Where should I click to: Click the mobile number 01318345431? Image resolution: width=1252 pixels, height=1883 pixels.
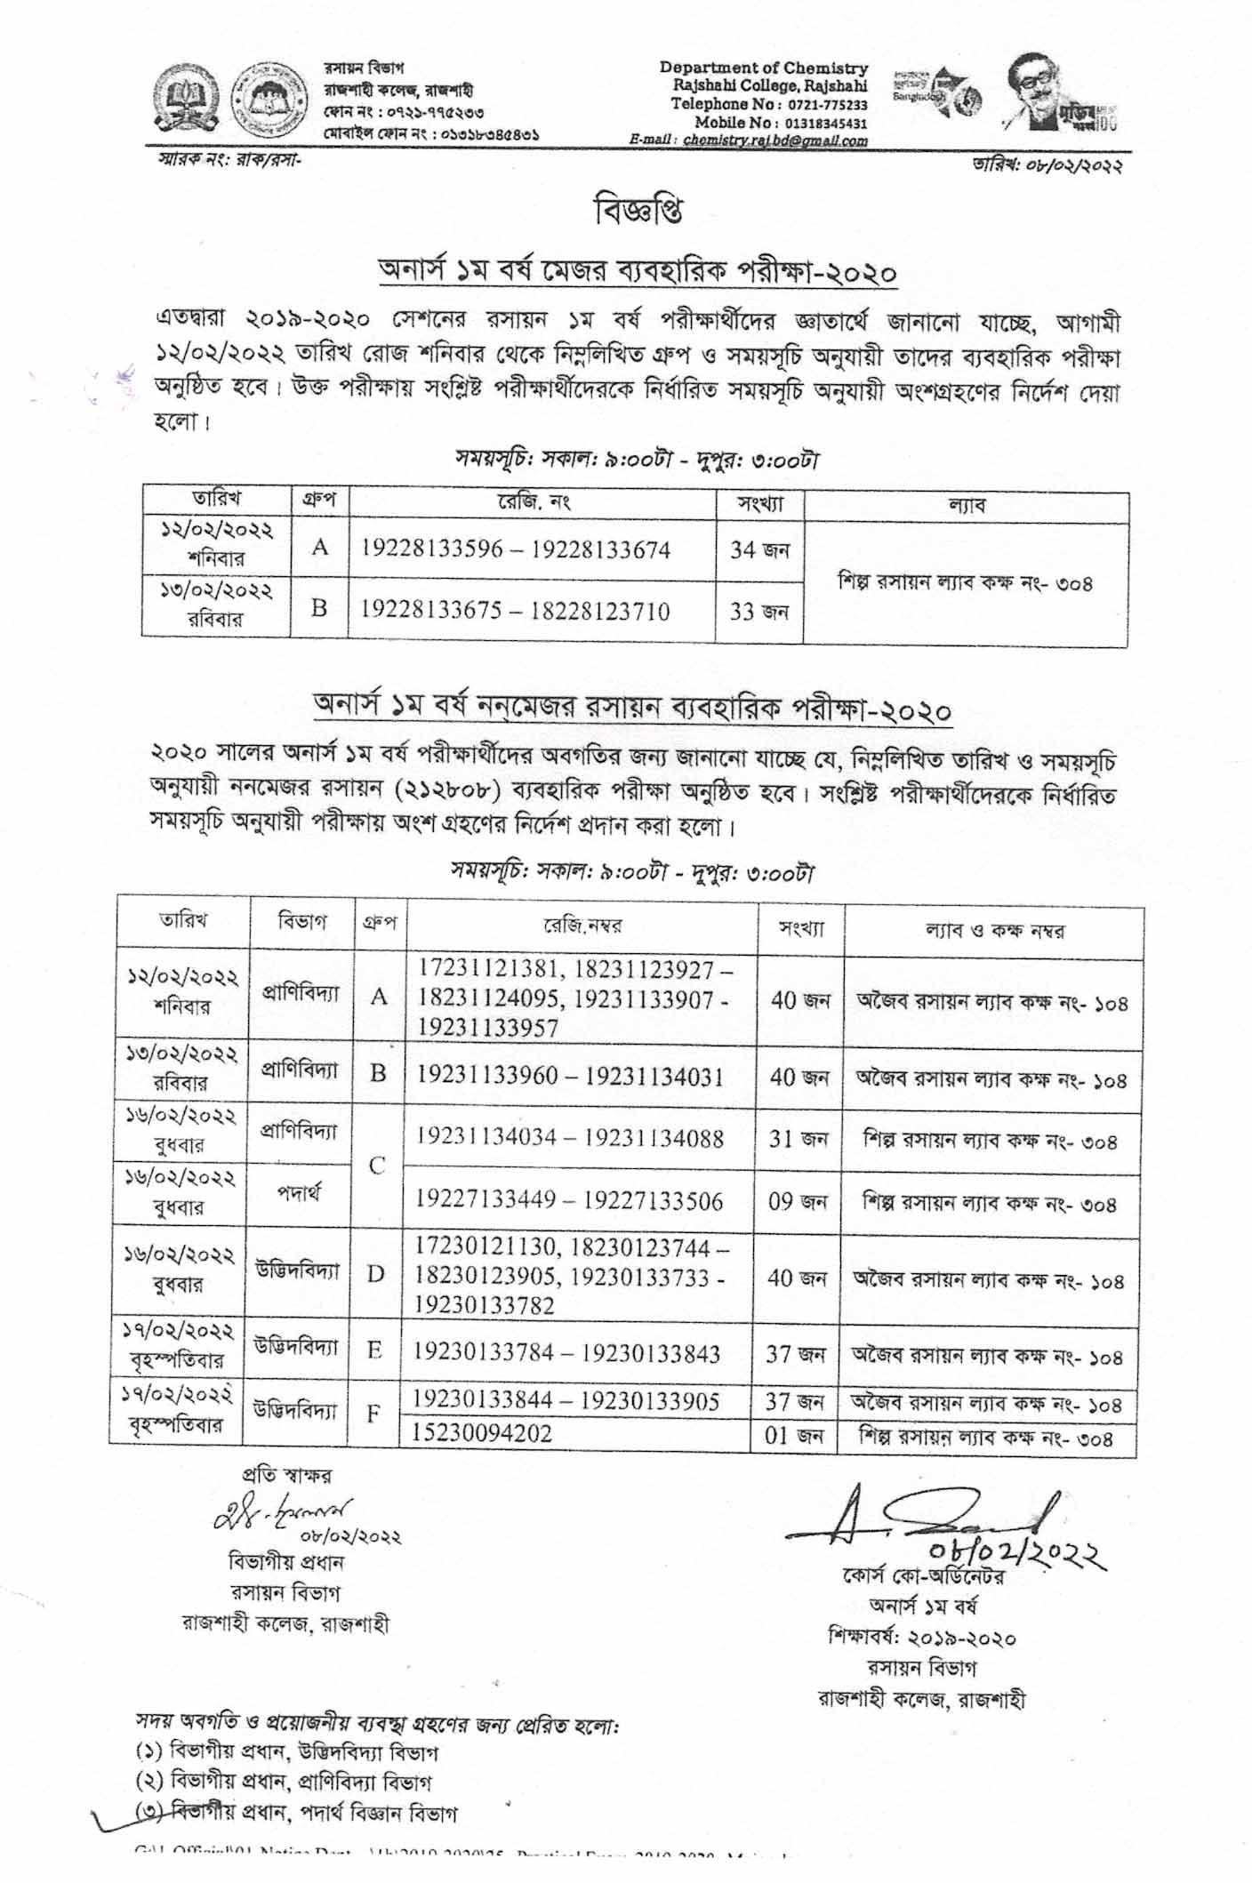coord(824,123)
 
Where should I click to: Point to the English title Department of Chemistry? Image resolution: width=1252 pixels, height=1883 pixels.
coord(763,68)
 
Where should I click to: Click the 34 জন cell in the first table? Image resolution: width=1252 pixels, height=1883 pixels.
coord(759,550)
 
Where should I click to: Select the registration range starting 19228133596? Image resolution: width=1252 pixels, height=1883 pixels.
coord(515,549)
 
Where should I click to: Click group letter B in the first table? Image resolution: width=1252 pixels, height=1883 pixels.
coord(319,608)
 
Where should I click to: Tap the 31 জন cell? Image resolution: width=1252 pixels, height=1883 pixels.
coord(798,1139)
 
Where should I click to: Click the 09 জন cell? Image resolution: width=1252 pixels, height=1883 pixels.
coord(797,1202)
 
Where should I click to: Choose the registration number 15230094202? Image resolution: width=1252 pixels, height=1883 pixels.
coord(482,1433)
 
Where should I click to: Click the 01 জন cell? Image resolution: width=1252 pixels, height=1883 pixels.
coord(793,1435)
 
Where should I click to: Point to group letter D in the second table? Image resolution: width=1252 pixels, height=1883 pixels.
coord(376,1274)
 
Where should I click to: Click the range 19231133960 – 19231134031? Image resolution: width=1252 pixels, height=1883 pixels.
coord(570,1077)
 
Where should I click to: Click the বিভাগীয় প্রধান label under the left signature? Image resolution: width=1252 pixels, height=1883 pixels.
coord(285,1562)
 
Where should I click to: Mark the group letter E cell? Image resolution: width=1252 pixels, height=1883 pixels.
coord(374,1350)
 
